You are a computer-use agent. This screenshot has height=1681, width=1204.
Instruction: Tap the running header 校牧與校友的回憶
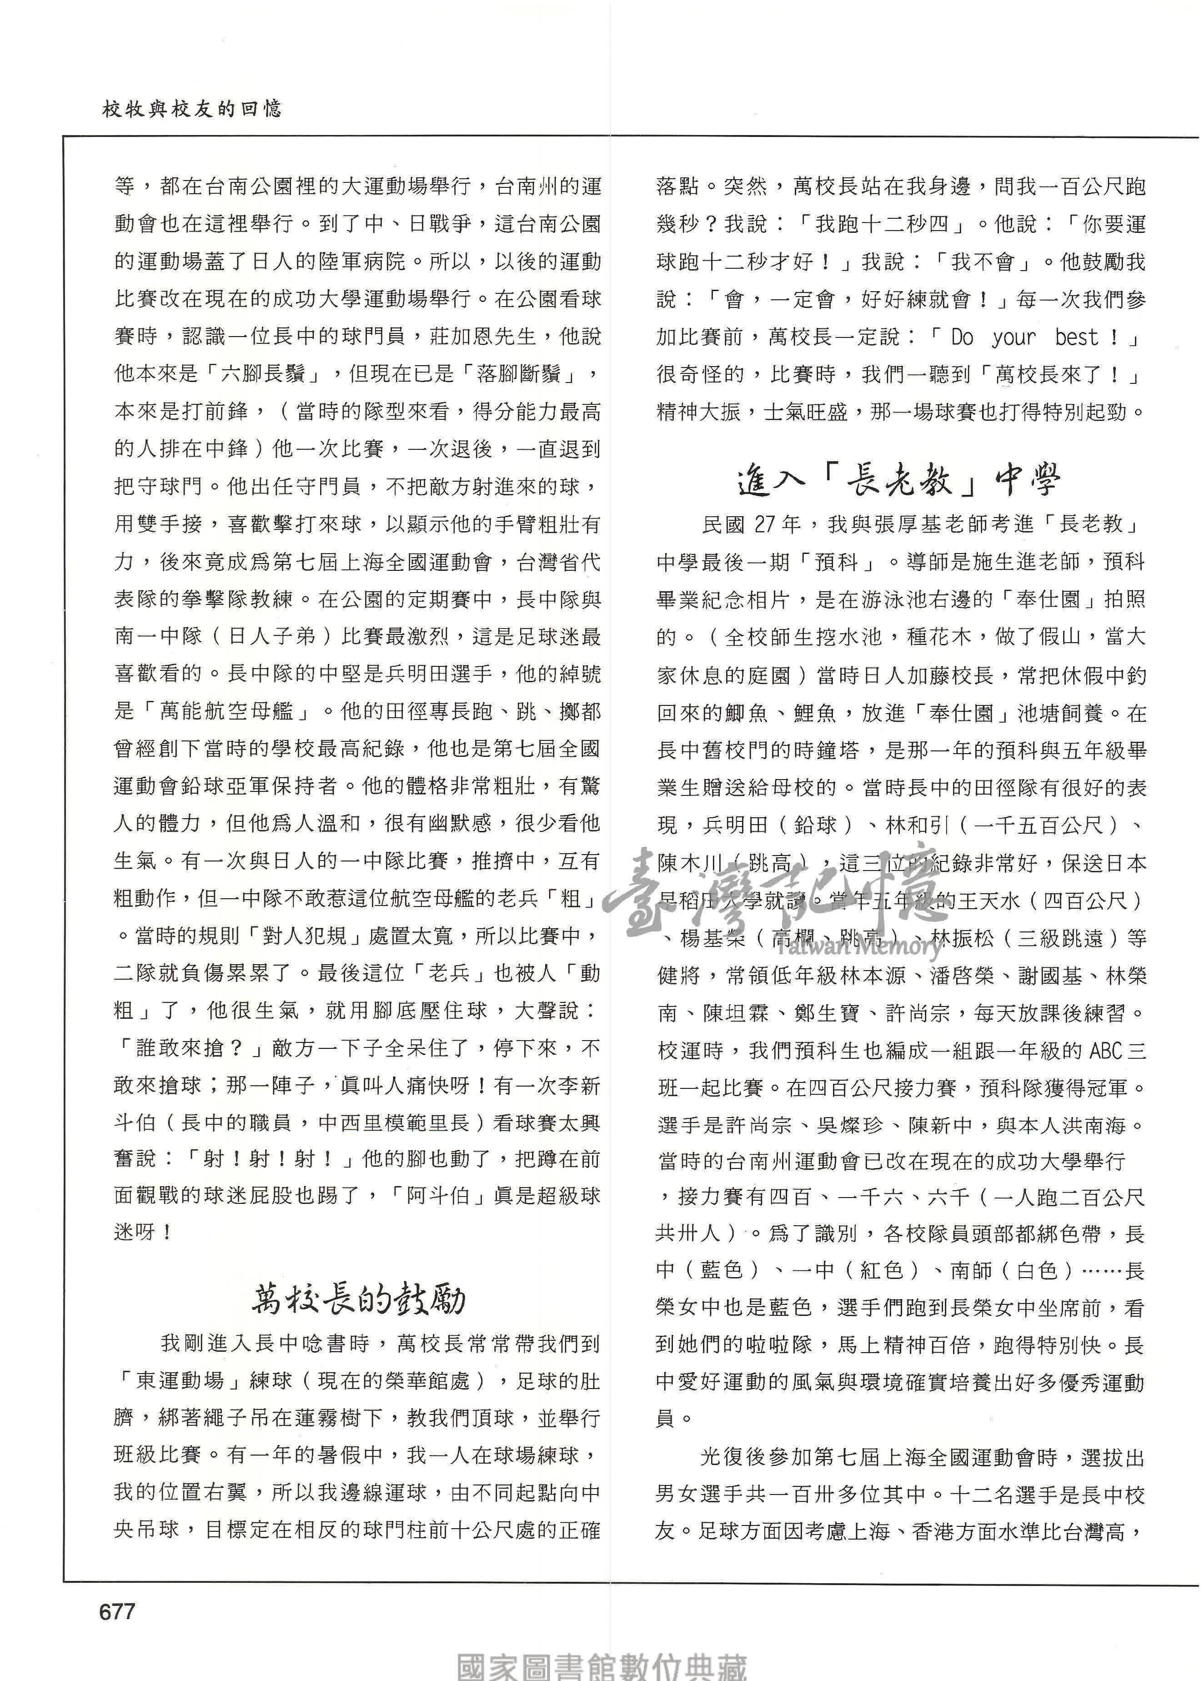191,110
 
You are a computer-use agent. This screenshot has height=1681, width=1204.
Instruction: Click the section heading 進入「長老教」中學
899,482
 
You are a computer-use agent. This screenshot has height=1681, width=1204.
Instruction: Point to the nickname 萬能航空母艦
235,711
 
